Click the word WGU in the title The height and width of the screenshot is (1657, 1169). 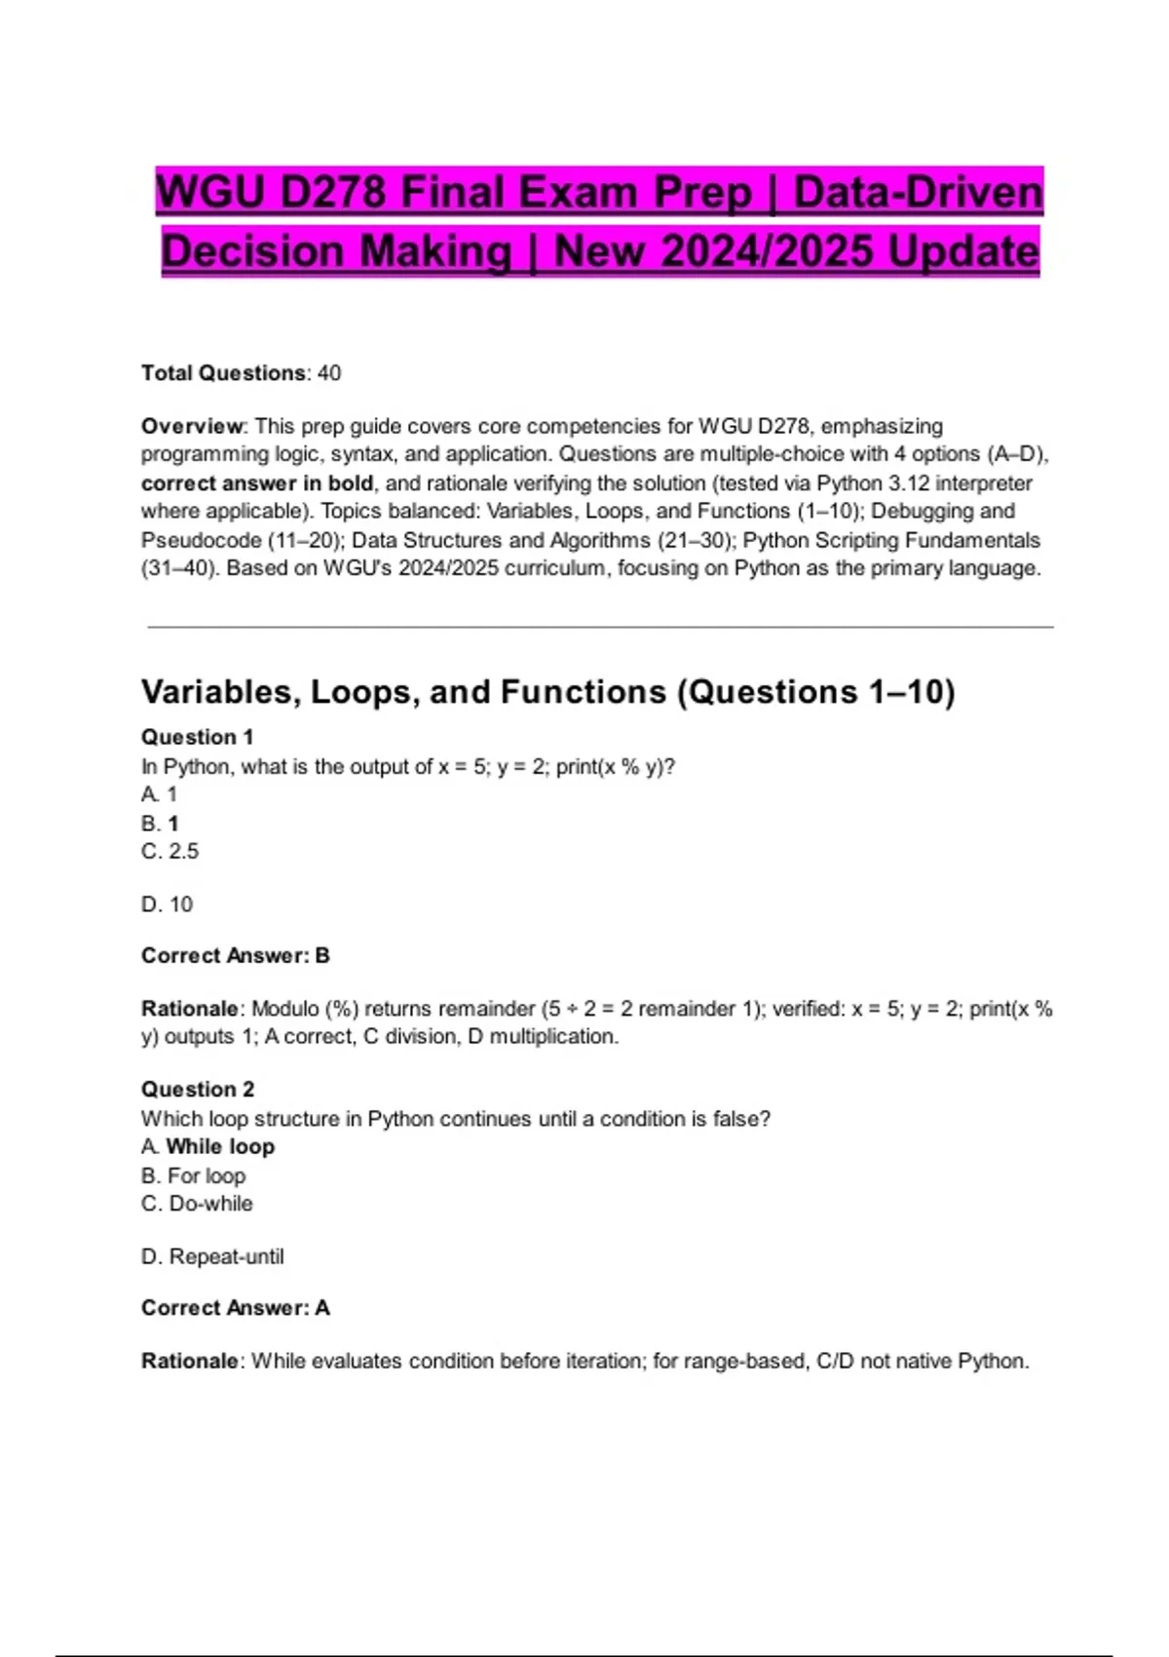pyautogui.click(x=210, y=192)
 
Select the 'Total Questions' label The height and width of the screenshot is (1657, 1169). pyautogui.click(x=223, y=373)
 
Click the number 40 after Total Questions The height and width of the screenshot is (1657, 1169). pyautogui.click(x=329, y=373)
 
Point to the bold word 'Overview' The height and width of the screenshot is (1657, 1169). pyautogui.click(x=192, y=426)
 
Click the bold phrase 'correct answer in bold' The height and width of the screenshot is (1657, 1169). pyautogui.click(x=257, y=483)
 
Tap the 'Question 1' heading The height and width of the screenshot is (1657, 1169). pyautogui.click(x=197, y=737)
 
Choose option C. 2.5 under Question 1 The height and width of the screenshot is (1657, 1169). pyautogui.click(x=170, y=851)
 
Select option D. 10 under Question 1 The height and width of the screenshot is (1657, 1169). pyautogui.click(x=168, y=905)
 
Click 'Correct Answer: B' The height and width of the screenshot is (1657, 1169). pyautogui.click(x=236, y=955)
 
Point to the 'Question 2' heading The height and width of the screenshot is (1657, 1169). pyautogui.click(x=198, y=1089)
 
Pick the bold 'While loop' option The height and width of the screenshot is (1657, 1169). pyautogui.click(x=220, y=1146)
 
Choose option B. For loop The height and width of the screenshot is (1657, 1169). pyautogui.click(x=193, y=1175)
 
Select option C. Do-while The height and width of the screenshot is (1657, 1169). pyautogui.click(x=197, y=1204)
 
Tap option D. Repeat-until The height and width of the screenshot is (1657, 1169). pyautogui.click(x=212, y=1256)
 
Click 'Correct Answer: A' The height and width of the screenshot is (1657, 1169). pyautogui.click(x=236, y=1307)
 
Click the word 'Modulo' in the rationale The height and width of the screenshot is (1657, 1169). pyautogui.click(x=284, y=1009)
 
